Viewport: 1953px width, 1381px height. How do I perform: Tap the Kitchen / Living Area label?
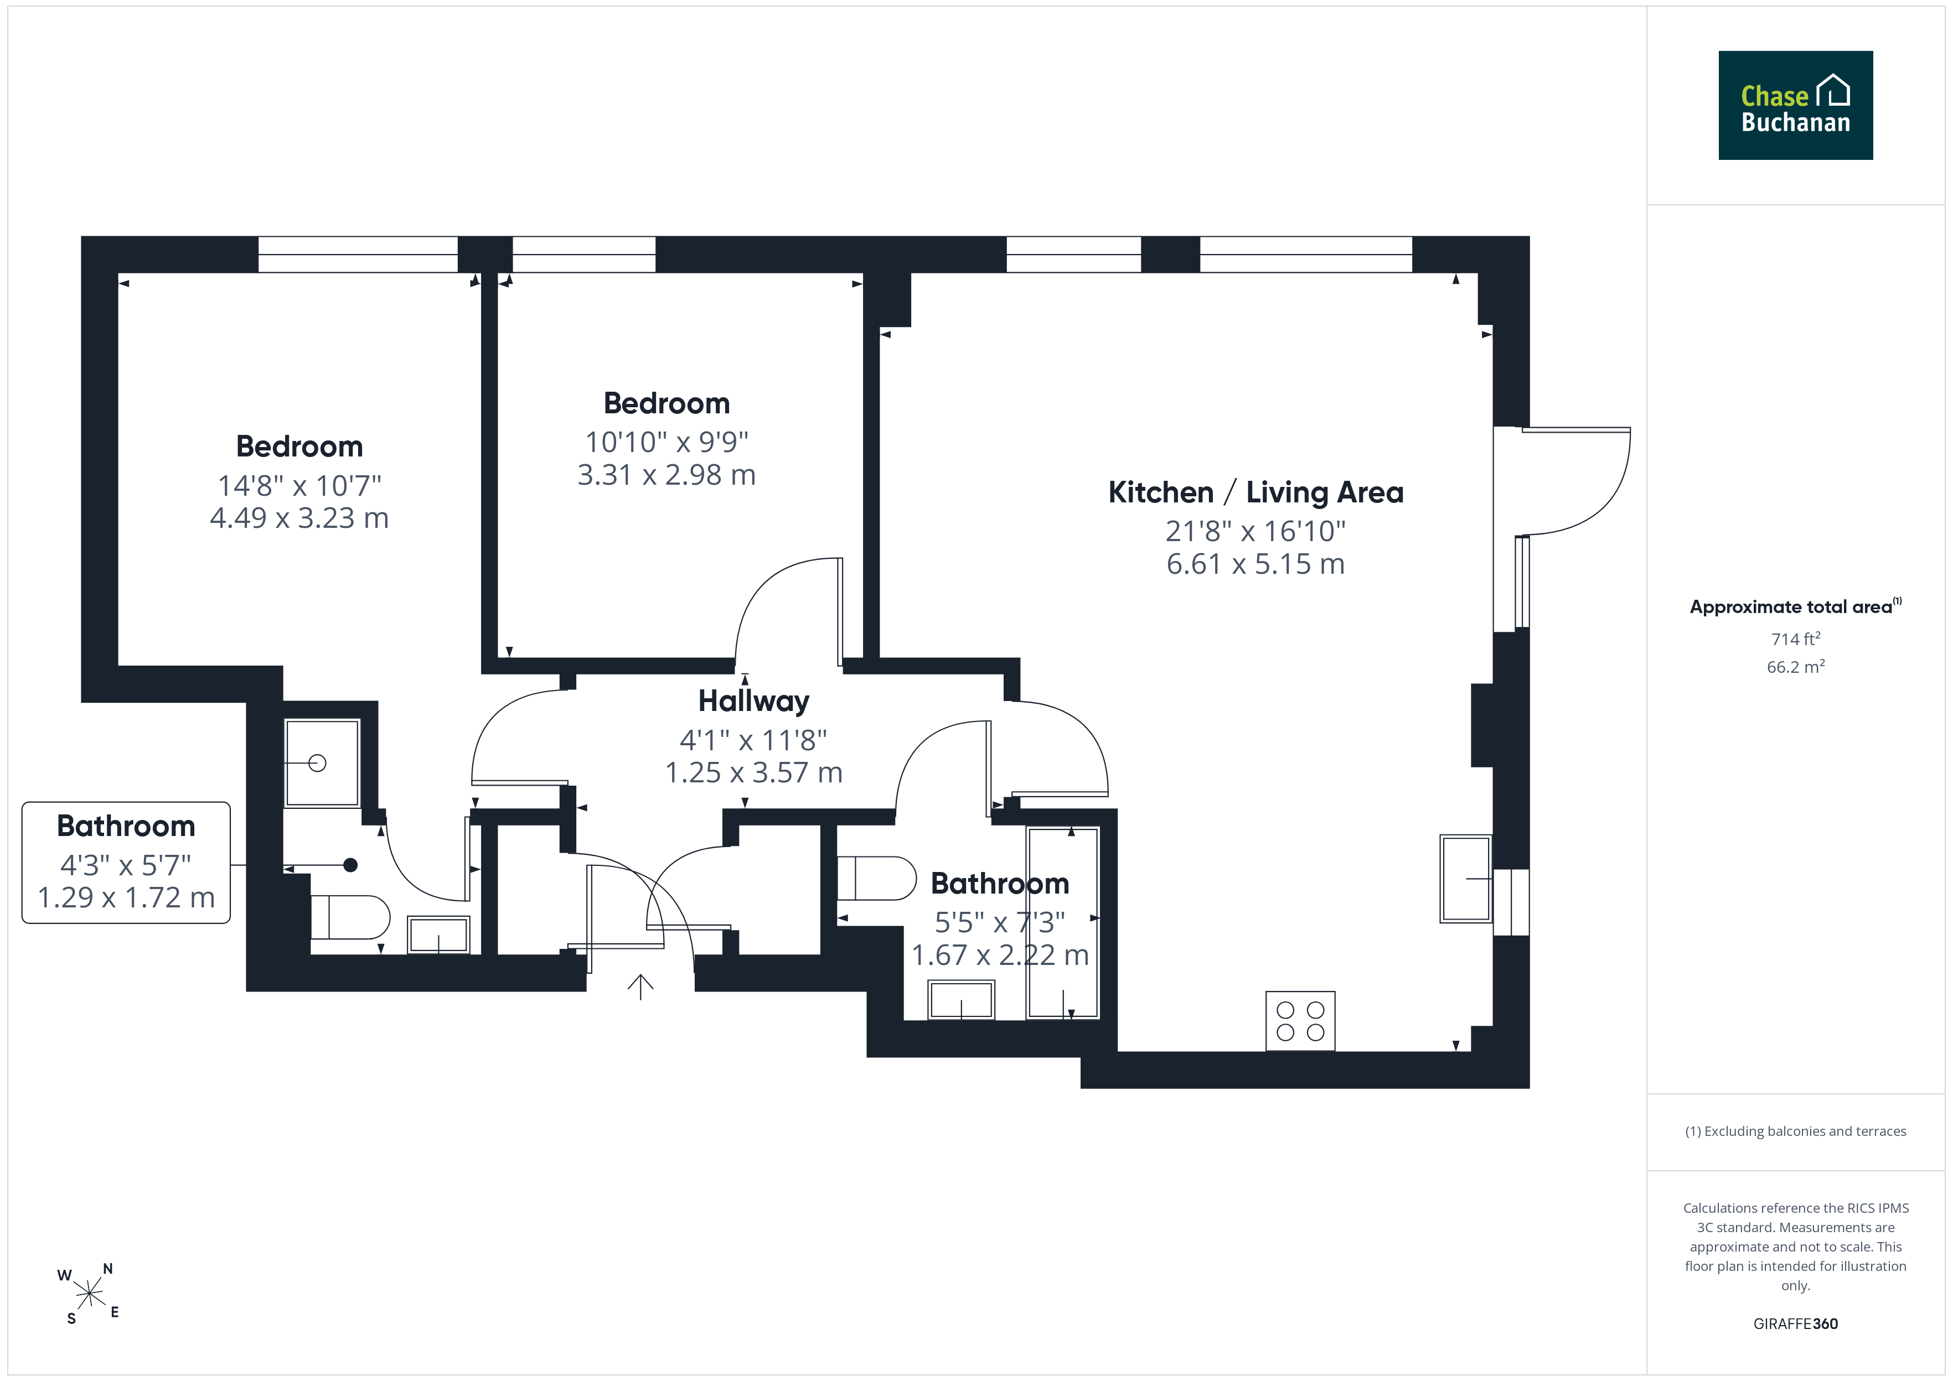tap(1255, 492)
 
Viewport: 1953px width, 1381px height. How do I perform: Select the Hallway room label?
tap(753, 700)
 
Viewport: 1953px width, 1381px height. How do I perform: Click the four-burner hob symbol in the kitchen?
tap(1300, 1020)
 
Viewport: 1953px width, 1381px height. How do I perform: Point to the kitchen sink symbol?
tap(1466, 879)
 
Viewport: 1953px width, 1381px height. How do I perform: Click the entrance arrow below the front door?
tap(640, 987)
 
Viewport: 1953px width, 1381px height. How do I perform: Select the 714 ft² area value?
tap(1796, 638)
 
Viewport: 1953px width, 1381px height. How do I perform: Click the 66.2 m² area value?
tap(1796, 667)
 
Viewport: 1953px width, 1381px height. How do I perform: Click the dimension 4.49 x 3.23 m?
tap(299, 518)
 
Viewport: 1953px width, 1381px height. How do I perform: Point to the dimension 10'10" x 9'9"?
tap(667, 442)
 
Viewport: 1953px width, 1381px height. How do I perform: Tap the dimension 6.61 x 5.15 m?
tap(1255, 564)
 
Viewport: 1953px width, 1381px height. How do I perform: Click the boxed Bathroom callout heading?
tap(126, 826)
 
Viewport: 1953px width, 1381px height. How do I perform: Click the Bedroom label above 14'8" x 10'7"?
tap(299, 447)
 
